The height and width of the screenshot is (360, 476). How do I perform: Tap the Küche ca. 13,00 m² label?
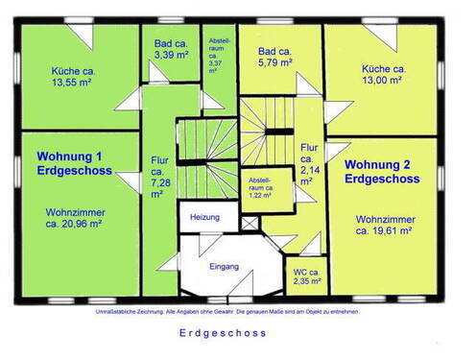click(384, 75)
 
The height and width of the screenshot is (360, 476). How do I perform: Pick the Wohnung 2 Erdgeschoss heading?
click(382, 170)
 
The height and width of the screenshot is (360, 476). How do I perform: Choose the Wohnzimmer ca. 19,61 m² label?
click(383, 225)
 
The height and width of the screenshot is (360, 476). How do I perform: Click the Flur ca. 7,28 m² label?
click(158, 177)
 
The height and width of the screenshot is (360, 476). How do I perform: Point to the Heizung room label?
click(204, 218)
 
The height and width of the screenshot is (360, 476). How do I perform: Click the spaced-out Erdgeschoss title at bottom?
click(223, 333)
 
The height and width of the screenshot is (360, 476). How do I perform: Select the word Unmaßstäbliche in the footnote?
click(112, 312)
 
